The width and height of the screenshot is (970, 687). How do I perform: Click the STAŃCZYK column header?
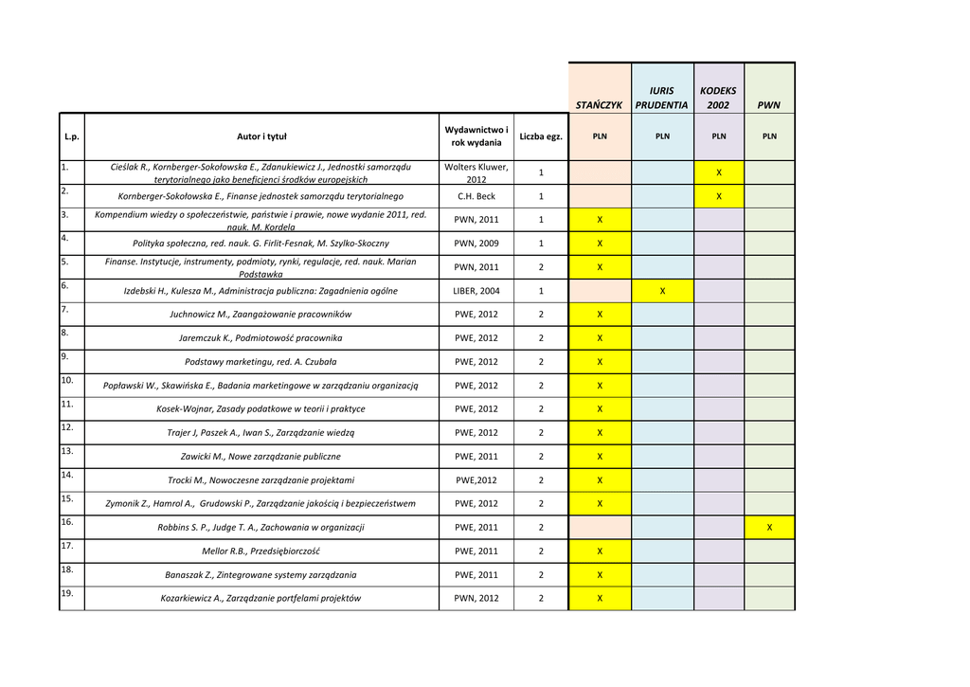click(599, 105)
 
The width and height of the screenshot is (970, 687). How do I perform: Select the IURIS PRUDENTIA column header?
click(661, 99)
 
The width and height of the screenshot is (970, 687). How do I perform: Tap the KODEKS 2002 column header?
click(718, 99)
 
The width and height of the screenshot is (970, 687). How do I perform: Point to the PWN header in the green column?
click(769, 105)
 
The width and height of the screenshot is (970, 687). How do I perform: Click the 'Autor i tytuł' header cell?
click(261, 136)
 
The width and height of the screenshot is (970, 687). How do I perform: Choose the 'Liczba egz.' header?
click(541, 136)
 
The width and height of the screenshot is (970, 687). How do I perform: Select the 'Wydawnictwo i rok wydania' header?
click(476, 136)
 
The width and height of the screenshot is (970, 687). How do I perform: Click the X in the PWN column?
click(769, 528)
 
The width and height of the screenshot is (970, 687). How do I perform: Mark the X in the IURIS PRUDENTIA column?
click(662, 291)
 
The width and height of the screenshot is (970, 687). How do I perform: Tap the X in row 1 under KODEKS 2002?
click(719, 172)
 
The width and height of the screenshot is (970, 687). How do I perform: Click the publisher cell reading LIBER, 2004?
click(476, 291)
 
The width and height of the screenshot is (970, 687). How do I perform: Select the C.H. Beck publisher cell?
click(476, 196)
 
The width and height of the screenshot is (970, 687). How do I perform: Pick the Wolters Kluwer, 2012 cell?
click(476, 172)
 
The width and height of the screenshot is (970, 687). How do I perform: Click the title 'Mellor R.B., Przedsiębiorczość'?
click(261, 551)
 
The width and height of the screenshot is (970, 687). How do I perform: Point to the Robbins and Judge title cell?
click(261, 528)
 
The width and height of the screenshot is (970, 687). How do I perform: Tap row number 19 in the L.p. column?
click(67, 593)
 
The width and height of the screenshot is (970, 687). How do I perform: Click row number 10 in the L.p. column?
click(67, 380)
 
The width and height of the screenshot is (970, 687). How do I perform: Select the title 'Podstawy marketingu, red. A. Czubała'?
click(261, 362)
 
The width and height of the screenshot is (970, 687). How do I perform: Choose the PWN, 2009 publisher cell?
click(476, 244)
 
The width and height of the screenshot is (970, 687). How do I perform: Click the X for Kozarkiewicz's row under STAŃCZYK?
click(600, 599)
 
